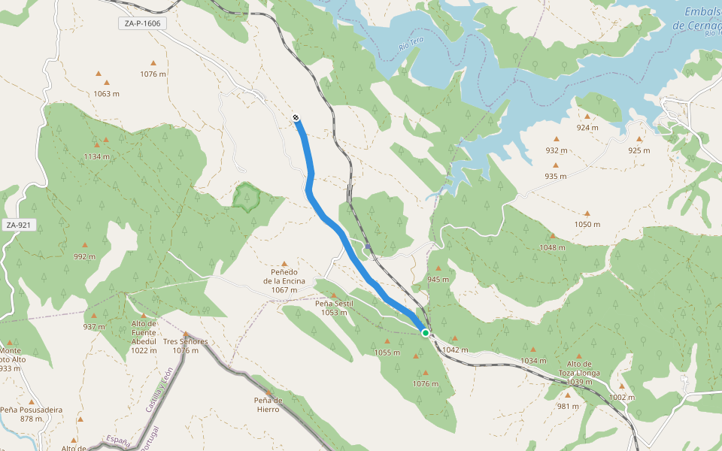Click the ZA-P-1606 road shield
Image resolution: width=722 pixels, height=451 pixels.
pyautogui.click(x=143, y=23)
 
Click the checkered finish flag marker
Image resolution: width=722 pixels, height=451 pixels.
pyautogui.click(x=296, y=117)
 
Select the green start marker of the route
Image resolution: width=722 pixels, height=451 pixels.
pyautogui.click(x=426, y=332)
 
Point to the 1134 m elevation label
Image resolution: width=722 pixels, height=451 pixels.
pyautogui.click(x=97, y=156)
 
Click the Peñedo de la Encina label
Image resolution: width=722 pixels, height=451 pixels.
pyautogui.click(x=284, y=280)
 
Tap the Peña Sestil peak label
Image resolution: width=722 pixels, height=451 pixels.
pyautogui.click(x=334, y=307)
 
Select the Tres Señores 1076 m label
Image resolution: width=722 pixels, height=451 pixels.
pyautogui.click(x=185, y=346)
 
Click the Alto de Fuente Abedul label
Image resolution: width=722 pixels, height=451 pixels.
pyautogui.click(x=144, y=337)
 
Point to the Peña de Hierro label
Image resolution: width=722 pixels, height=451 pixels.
pyautogui.click(x=268, y=404)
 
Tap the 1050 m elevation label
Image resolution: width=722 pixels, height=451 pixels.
pyautogui.click(x=587, y=224)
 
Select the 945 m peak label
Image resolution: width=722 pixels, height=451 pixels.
pyautogui.click(x=438, y=279)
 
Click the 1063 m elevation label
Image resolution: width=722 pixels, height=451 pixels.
pyautogui.click(x=107, y=94)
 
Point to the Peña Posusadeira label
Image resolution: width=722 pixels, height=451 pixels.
pyautogui.click(x=32, y=414)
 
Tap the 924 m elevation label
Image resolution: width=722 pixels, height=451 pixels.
pyautogui.click(x=587, y=127)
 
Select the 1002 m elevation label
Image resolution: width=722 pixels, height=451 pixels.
pyautogui.click(x=621, y=397)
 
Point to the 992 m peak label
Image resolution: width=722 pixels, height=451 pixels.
pyautogui.click(x=84, y=256)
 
